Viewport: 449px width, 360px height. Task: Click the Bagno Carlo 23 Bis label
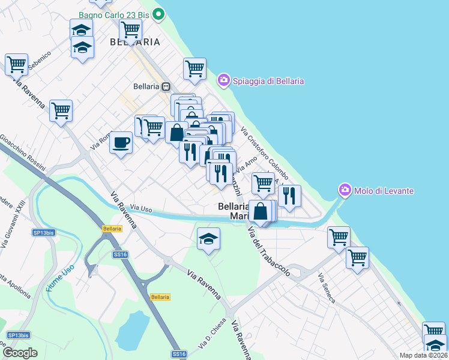pos(114,14)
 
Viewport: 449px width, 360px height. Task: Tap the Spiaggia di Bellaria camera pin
pos(224,80)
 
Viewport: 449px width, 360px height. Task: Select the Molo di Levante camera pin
pos(345,190)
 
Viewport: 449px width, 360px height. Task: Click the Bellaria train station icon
pos(166,86)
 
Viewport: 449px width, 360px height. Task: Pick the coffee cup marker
pos(121,143)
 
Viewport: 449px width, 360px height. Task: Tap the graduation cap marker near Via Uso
pos(208,239)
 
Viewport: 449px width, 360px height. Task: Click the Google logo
pos(20,353)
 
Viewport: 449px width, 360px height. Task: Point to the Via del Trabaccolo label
pos(268,251)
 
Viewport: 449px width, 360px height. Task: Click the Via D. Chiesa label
pos(218,327)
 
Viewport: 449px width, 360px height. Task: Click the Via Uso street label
pos(142,208)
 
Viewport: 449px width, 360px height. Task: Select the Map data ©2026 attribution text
pos(423,355)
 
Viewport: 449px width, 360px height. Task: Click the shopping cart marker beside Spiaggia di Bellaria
pos(195,70)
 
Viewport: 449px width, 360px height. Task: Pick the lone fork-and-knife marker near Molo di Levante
pos(289,196)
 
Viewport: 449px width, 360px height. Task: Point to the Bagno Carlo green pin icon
pos(158,14)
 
